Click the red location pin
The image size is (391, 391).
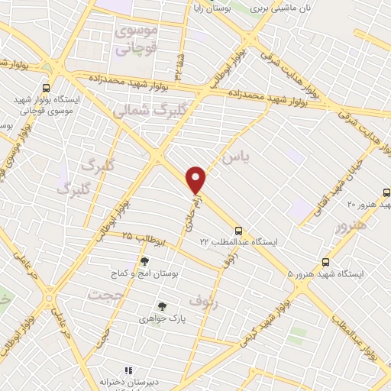click(196, 180)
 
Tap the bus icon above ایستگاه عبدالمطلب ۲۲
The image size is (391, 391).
click(239, 230)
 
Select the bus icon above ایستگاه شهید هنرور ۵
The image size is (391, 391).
click(326, 261)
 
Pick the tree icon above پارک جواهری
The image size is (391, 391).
click(161, 306)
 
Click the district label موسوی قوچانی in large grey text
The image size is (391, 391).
click(136, 40)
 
